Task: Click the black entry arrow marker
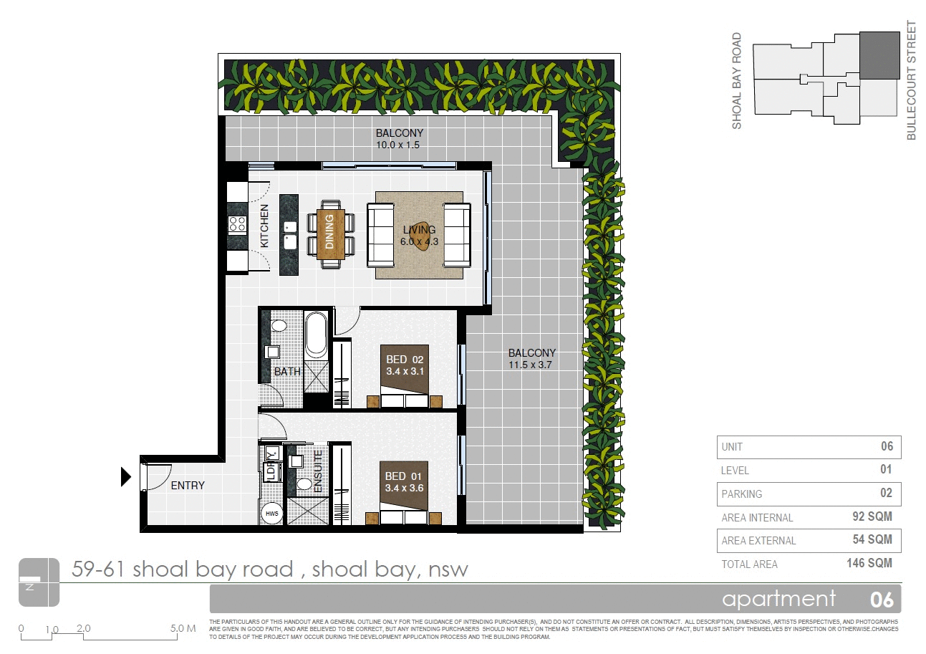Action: pyautogui.click(x=126, y=476)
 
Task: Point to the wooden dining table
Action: pyautogui.click(x=330, y=232)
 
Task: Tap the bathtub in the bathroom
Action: pyautogui.click(x=315, y=334)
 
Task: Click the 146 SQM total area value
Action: pyautogui.click(x=869, y=563)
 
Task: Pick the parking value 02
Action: pyautogui.click(x=886, y=493)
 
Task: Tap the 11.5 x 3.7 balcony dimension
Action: pyautogui.click(x=531, y=365)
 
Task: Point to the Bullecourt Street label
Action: pyautogui.click(x=911, y=80)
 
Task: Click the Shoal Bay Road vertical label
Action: pyautogui.click(x=737, y=81)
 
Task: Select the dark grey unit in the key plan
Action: pyautogui.click(x=879, y=55)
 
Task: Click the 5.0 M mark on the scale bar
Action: pyautogui.click(x=183, y=629)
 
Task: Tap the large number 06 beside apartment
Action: pyautogui.click(x=881, y=600)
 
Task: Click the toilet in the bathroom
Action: pyautogui.click(x=279, y=327)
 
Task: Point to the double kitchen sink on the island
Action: pyautogui.click(x=290, y=235)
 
